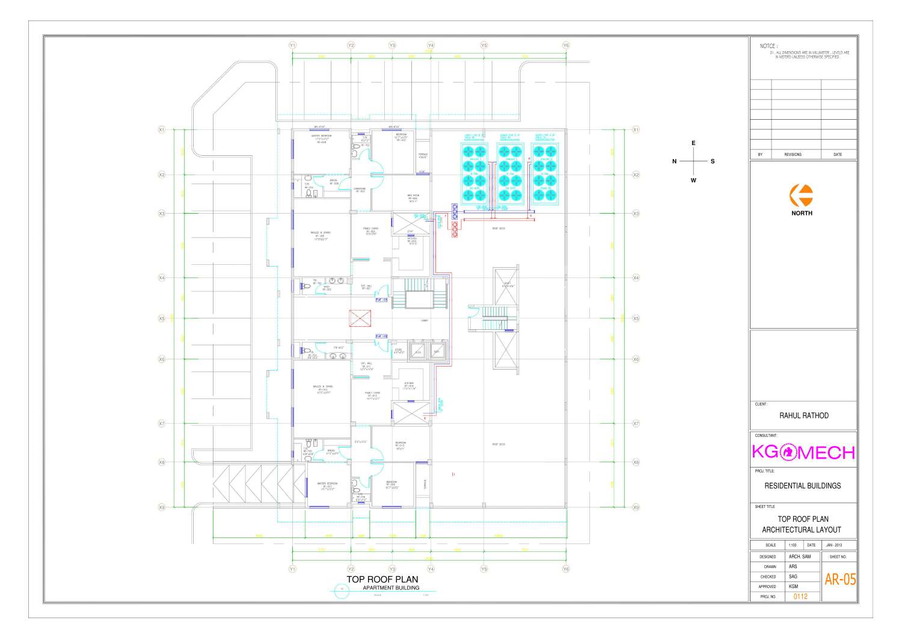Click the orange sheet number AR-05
839,580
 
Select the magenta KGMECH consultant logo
803,451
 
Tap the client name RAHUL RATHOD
803,415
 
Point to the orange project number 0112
800,596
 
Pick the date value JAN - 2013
838,545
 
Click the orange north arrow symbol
802,195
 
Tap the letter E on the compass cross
693,143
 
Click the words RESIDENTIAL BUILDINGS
803,486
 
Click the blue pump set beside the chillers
455,210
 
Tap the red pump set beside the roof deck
455,229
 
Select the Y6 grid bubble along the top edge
566,45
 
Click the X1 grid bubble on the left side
161,129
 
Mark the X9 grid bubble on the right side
636,507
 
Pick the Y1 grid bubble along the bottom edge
292,568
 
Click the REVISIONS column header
793,155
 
